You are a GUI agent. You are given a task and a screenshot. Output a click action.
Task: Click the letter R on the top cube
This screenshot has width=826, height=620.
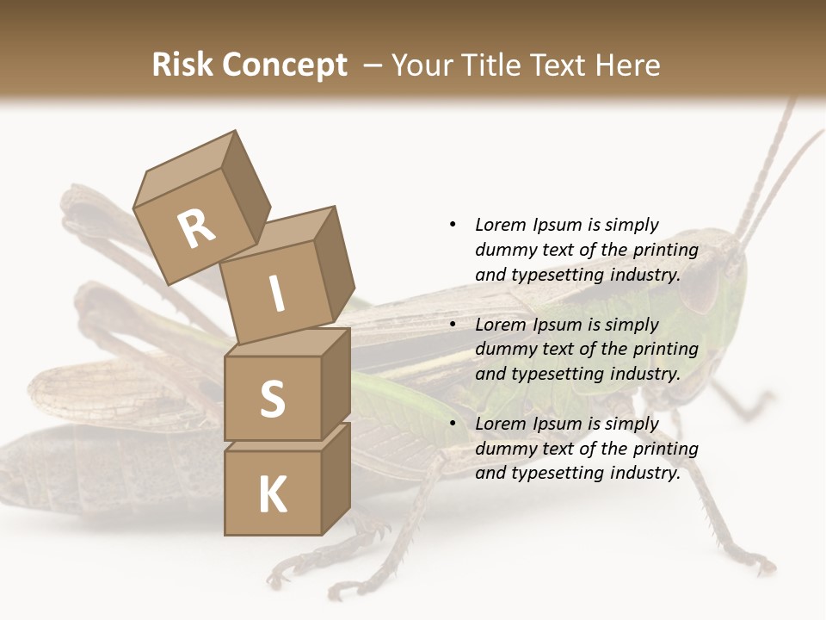(196, 229)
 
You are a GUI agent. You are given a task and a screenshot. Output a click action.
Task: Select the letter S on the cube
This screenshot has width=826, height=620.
(272, 399)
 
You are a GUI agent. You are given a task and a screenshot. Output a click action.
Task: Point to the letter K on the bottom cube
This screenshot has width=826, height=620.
(272, 494)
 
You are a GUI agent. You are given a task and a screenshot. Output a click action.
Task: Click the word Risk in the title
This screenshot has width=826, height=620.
(181, 65)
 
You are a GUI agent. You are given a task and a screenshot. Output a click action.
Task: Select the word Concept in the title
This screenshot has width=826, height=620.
(283, 65)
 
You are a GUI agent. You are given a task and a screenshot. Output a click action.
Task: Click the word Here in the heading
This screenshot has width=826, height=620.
(629, 65)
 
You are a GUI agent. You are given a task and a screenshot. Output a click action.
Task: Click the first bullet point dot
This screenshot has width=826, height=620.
(453, 225)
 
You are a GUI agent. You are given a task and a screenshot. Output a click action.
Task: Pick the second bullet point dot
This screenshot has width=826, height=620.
(453, 325)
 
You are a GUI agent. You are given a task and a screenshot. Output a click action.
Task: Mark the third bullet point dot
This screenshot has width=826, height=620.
(453, 424)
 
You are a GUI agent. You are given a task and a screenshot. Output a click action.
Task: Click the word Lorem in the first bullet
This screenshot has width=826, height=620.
(499, 225)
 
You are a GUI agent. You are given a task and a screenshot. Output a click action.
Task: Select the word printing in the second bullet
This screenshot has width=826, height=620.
(665, 350)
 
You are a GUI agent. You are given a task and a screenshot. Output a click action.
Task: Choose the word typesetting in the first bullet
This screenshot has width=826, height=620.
(552, 276)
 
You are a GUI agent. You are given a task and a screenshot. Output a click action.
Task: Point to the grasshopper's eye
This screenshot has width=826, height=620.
(700, 289)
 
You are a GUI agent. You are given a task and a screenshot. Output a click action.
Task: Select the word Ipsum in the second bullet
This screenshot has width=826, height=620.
(555, 325)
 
